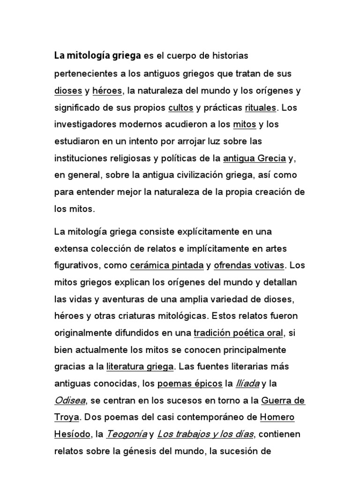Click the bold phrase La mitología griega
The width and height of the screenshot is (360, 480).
pos(97,56)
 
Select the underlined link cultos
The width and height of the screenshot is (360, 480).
pos(180,108)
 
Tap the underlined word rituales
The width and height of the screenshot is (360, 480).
pos(260,108)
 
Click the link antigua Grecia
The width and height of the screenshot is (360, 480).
pos(255,158)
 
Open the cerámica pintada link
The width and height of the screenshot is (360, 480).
pos(166,265)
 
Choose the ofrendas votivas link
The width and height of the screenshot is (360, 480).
pos(249,265)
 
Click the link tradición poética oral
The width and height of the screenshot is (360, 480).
pos(239,333)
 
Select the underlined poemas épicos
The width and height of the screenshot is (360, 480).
pos(190,384)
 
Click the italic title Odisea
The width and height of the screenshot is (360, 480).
pos(68,401)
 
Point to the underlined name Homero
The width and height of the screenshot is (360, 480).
pos(277,418)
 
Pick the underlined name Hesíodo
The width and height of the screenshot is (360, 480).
pos(72,435)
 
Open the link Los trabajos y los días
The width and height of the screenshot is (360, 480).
pos(206,435)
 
